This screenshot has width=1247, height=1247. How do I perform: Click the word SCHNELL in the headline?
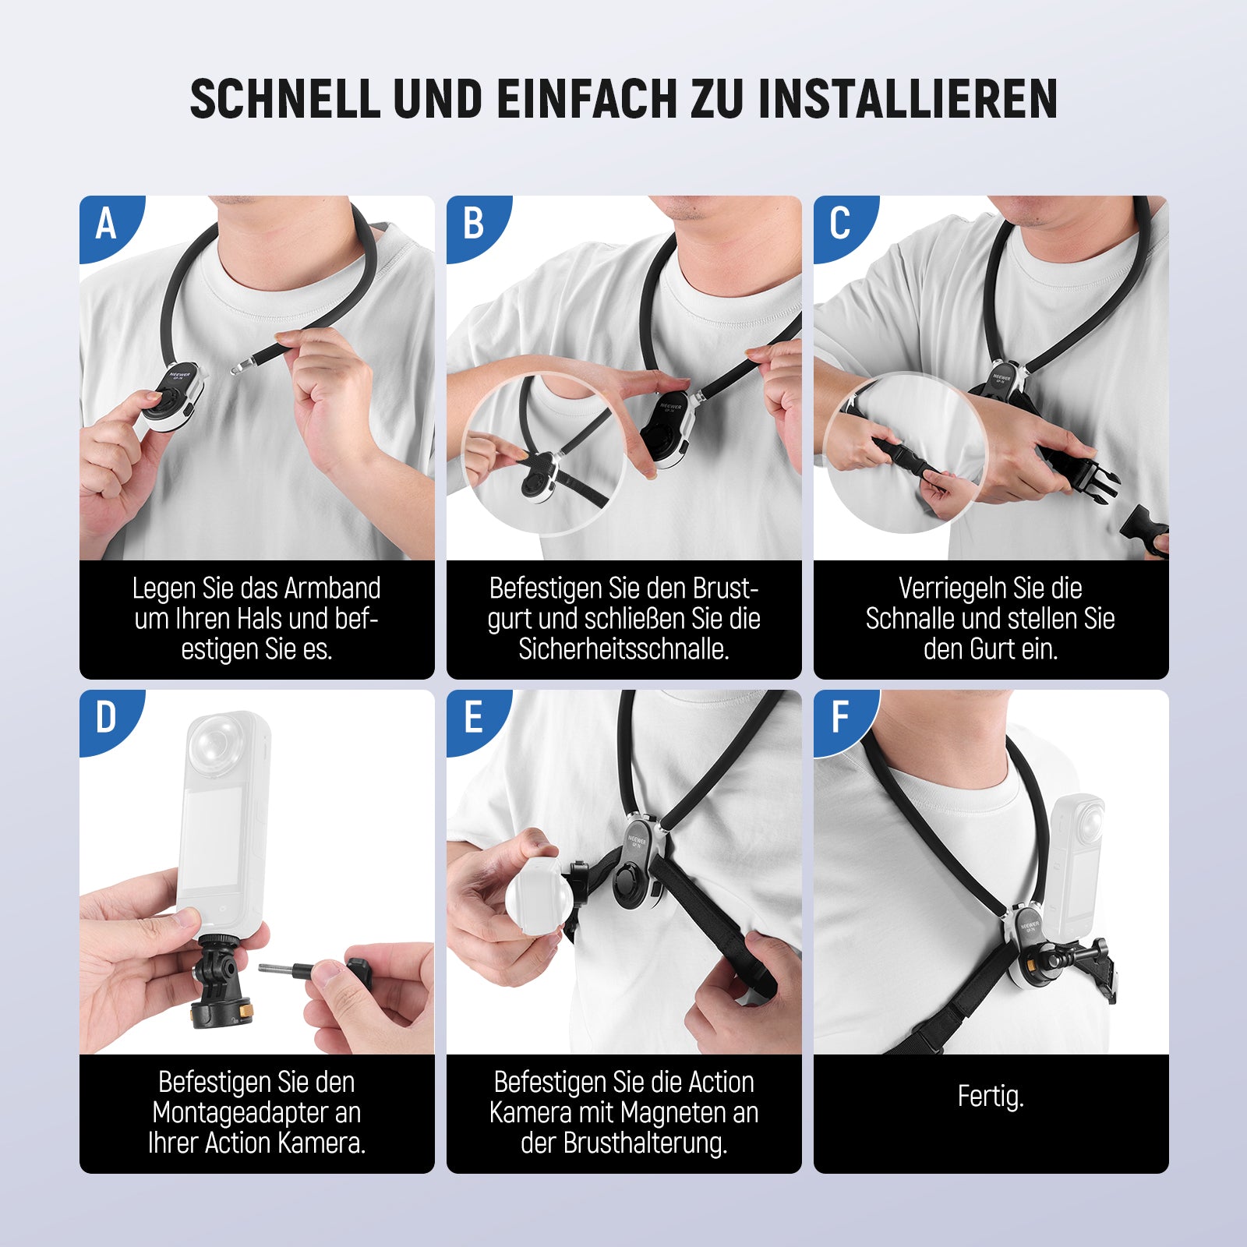(285, 99)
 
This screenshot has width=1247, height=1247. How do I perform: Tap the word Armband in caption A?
(333, 588)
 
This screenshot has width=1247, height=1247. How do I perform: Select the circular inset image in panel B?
(544, 454)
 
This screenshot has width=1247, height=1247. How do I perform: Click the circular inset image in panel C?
(906, 454)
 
